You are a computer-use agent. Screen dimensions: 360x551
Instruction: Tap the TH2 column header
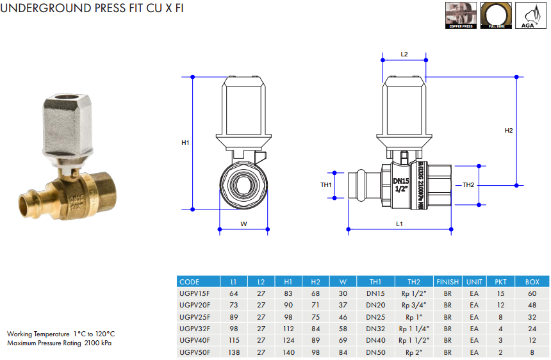[x=414, y=281]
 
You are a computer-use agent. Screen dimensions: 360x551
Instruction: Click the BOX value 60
[x=532, y=293]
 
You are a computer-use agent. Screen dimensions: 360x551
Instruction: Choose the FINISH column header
[x=447, y=281]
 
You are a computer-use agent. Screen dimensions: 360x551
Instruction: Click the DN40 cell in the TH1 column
[x=375, y=341]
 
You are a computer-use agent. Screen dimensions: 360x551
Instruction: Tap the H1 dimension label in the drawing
[x=185, y=143]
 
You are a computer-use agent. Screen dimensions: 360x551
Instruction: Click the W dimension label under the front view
[x=243, y=224]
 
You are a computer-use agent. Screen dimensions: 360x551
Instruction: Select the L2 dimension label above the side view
[x=404, y=54]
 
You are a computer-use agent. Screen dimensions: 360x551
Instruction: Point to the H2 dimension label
[x=509, y=131]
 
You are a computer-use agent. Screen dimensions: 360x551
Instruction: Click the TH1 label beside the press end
[x=326, y=185]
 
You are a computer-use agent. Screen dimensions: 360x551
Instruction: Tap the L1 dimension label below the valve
[x=399, y=224]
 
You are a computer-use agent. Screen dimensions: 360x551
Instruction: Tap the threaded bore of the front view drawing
[x=243, y=185]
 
